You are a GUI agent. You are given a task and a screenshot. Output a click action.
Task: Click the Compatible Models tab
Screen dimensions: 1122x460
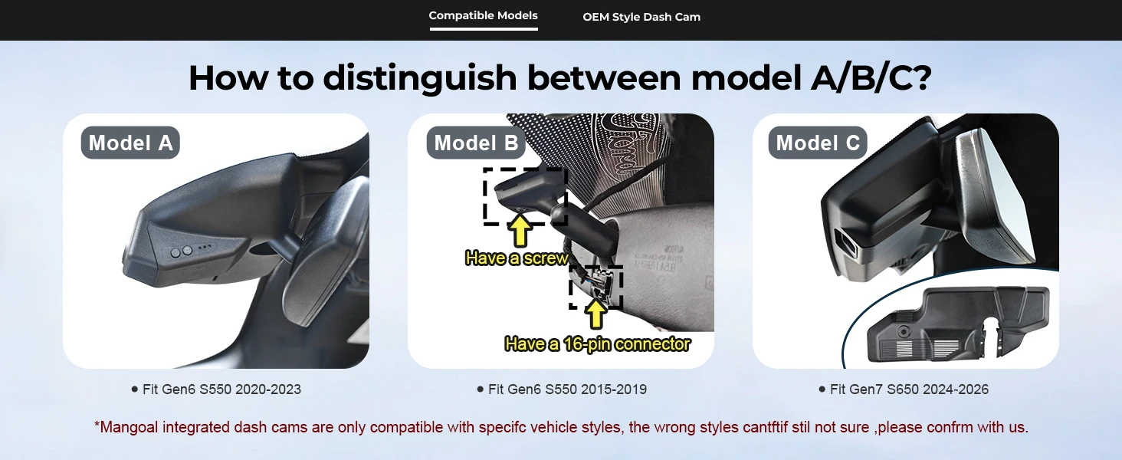point(483,15)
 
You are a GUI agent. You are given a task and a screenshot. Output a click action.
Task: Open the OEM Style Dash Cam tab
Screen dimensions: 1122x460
point(641,17)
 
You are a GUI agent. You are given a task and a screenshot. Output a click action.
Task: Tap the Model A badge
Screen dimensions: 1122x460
point(130,143)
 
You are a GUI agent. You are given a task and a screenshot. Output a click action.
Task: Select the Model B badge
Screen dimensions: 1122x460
point(476,143)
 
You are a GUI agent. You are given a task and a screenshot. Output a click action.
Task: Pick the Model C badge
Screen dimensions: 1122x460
point(818,143)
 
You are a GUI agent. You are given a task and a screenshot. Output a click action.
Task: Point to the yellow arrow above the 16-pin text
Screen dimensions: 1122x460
point(595,313)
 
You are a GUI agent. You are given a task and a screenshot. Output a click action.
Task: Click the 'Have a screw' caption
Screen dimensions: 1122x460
point(517,258)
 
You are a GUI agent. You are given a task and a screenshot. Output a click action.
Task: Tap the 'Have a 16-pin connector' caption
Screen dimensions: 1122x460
point(597,344)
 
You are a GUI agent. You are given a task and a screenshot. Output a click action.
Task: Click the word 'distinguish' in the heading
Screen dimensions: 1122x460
point(420,78)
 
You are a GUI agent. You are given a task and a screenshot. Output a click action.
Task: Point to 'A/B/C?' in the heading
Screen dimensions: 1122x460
point(871,77)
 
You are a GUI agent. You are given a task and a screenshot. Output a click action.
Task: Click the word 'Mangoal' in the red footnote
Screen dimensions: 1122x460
point(129,428)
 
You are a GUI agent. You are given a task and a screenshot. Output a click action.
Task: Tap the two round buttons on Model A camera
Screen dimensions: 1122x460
point(182,251)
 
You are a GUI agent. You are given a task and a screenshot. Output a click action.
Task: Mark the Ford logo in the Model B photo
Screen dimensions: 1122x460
point(627,146)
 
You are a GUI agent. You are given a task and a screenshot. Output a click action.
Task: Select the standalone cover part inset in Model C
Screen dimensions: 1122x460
point(958,324)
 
